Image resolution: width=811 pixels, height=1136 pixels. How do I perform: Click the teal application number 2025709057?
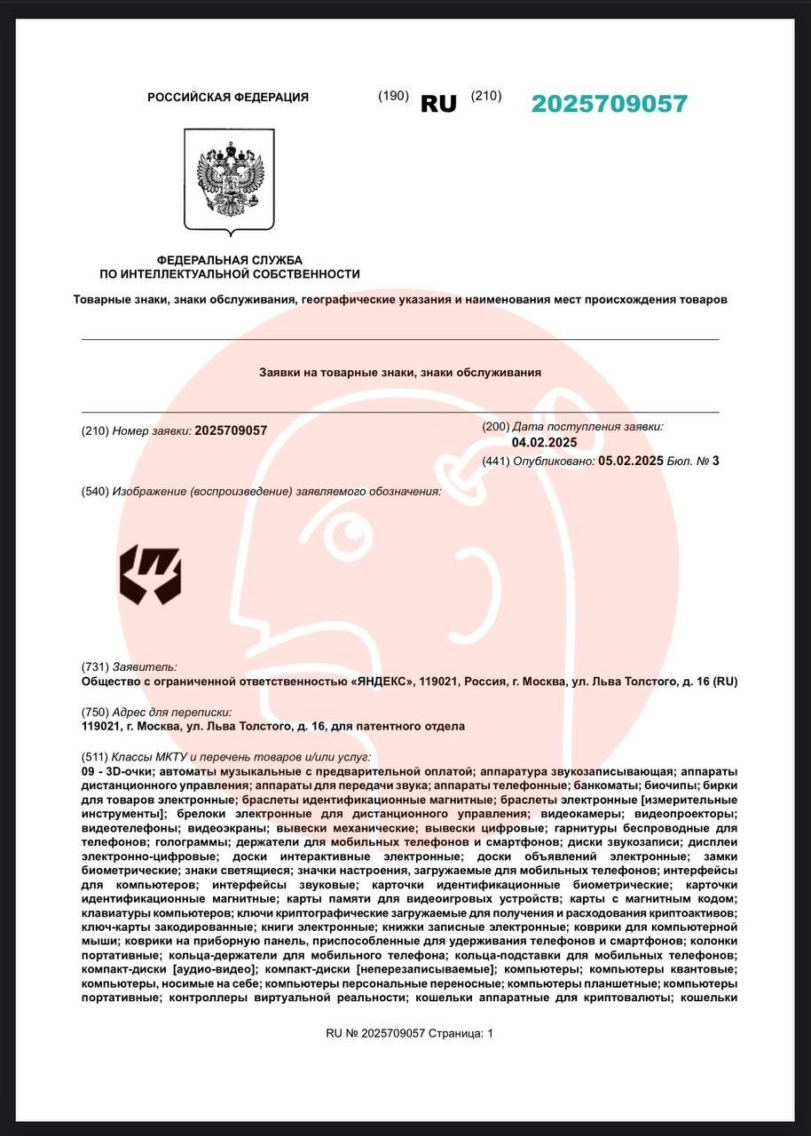[x=609, y=104]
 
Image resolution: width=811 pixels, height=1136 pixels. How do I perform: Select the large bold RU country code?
[x=438, y=104]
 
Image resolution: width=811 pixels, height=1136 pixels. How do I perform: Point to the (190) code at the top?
[x=393, y=96]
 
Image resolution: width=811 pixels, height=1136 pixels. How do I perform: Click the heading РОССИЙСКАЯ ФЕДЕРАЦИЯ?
[x=228, y=98]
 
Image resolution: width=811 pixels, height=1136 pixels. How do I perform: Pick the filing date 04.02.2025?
[x=545, y=443]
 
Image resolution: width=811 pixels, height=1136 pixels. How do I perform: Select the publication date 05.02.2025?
[x=631, y=461]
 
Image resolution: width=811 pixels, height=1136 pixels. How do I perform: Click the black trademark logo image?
[x=151, y=575]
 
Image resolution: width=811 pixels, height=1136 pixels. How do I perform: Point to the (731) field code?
[x=94, y=667]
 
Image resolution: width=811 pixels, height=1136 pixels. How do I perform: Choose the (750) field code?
[x=94, y=712]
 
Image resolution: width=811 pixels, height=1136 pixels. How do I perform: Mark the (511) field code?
[x=94, y=757]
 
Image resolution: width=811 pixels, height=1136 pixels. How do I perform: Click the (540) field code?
[x=94, y=492]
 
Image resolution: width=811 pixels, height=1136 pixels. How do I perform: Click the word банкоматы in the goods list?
[x=610, y=785]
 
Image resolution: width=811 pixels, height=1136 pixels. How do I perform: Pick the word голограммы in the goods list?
[x=193, y=841]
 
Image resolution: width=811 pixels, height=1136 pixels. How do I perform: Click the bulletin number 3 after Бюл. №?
[x=715, y=461]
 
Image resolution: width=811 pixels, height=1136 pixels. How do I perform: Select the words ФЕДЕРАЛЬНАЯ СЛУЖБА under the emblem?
[x=230, y=260]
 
